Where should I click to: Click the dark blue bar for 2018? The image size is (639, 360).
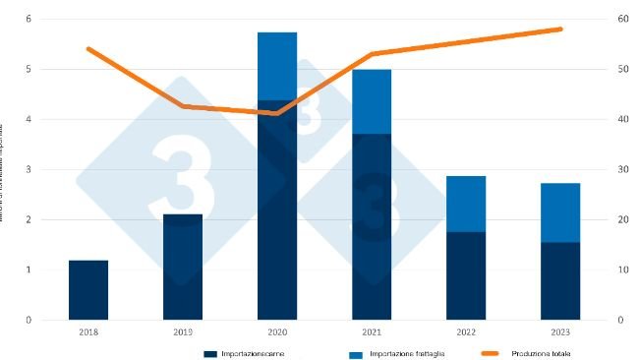coord(88,289)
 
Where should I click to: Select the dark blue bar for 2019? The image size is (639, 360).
coord(183,267)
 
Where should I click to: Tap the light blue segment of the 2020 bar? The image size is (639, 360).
coord(277,66)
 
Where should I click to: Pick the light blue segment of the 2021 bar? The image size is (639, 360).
coord(372,101)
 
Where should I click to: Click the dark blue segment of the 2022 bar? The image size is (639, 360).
coord(466,275)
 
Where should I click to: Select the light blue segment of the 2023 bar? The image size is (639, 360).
coord(560,212)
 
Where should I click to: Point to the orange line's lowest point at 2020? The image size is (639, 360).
coord(277,113)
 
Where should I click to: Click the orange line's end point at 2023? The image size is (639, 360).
coord(560,30)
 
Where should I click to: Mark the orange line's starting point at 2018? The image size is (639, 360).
coord(88,48)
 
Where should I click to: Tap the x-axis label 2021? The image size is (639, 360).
coord(372,332)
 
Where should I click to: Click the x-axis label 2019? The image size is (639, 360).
coord(183,332)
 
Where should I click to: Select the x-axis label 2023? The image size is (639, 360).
coord(560,332)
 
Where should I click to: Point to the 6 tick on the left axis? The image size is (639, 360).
coord(28,20)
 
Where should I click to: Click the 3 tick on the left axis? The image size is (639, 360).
coord(28,169)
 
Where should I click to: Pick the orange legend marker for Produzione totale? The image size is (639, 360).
coord(494,352)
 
